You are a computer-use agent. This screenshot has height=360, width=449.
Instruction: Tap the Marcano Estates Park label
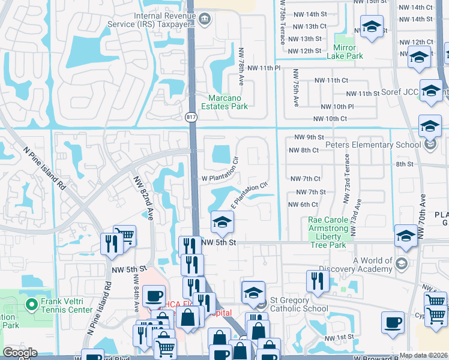(x=228, y=103)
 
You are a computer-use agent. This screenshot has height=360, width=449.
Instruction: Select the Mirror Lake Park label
(x=345, y=51)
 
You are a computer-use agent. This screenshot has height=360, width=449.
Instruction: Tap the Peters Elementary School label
(x=373, y=145)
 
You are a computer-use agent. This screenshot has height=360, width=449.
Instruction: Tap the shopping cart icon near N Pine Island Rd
(x=124, y=235)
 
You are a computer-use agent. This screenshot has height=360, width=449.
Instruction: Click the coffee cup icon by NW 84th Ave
(x=154, y=295)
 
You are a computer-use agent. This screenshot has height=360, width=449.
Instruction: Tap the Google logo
(x=20, y=353)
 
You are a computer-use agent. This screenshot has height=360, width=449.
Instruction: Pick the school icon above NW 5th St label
(x=221, y=223)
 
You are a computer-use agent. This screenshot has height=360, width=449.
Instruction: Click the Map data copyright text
(x=423, y=355)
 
